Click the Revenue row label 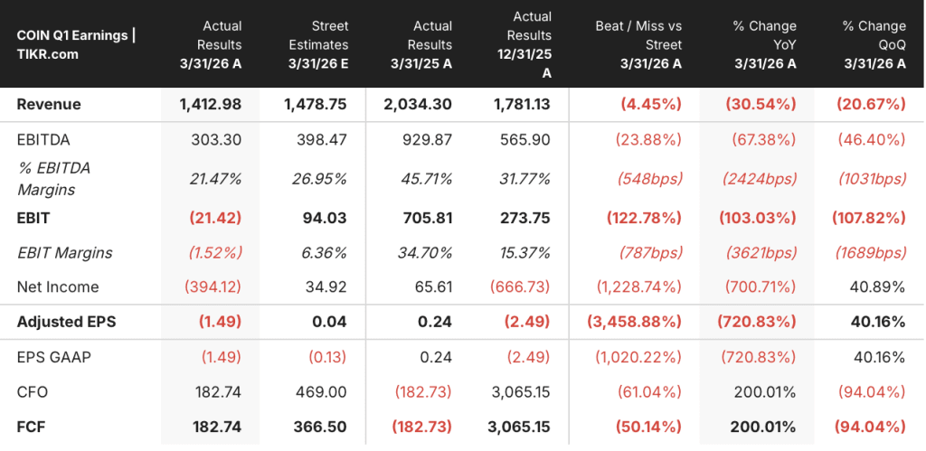(49, 105)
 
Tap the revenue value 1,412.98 (210, 105)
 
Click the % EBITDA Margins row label (53, 179)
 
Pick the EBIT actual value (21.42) (215, 218)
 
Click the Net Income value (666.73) (520, 287)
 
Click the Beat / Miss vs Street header (638, 45)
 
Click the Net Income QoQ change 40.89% (877, 287)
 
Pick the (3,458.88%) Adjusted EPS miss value (634, 322)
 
